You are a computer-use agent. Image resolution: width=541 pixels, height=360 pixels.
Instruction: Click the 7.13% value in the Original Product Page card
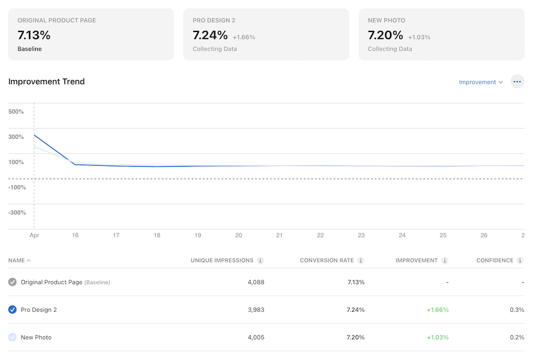click(x=34, y=35)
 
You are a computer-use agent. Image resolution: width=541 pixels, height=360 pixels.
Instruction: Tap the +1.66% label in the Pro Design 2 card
click(x=243, y=37)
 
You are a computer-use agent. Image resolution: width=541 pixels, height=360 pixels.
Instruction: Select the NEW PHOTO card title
click(x=386, y=21)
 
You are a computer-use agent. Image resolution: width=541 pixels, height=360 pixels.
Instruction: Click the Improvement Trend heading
click(x=47, y=82)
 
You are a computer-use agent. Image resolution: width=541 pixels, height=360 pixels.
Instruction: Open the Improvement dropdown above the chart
click(x=480, y=82)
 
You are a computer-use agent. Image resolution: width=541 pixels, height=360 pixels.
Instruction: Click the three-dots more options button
click(x=517, y=82)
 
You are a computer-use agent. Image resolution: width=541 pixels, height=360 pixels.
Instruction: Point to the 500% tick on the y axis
click(x=16, y=112)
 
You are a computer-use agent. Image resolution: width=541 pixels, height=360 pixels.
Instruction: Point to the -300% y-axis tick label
click(x=16, y=213)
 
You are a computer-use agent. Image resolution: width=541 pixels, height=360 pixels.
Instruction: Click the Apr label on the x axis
click(x=34, y=235)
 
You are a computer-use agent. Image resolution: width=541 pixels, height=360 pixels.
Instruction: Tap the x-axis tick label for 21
click(x=279, y=235)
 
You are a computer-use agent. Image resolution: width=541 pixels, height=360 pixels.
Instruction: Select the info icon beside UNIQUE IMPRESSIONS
click(x=260, y=260)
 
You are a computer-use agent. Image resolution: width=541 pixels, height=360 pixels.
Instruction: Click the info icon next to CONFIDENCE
click(x=520, y=260)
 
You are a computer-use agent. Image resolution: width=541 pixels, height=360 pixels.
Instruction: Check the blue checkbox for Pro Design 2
click(x=12, y=310)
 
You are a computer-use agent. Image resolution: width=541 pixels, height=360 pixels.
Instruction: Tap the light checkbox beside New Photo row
click(x=12, y=337)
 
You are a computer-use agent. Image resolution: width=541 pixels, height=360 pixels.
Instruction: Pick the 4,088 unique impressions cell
click(x=255, y=282)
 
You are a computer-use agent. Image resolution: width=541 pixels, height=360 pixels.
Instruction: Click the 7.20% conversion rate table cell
click(x=355, y=337)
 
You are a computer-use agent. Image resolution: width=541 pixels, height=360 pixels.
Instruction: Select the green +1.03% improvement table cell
click(x=437, y=337)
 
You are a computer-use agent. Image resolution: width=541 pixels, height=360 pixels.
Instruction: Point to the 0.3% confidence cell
click(x=517, y=310)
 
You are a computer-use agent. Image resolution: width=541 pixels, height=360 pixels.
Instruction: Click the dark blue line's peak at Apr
click(x=34, y=135)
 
